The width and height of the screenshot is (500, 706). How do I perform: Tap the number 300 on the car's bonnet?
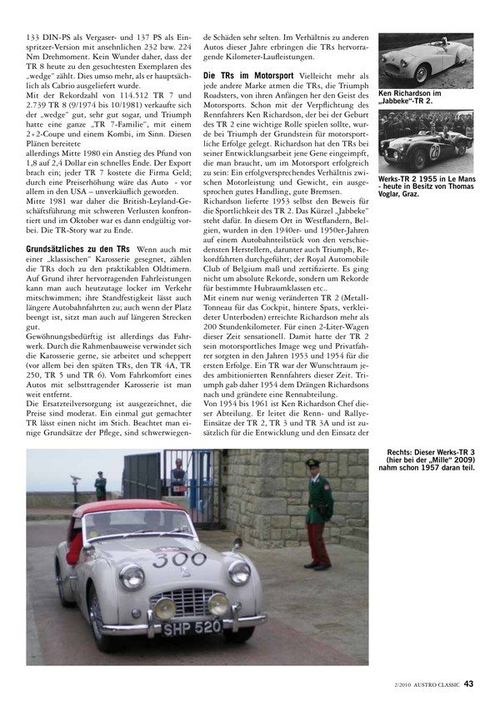click(x=178, y=559)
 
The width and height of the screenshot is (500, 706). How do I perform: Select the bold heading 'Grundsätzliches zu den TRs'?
click(x=77, y=249)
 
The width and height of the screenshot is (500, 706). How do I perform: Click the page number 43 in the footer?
click(x=469, y=684)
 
